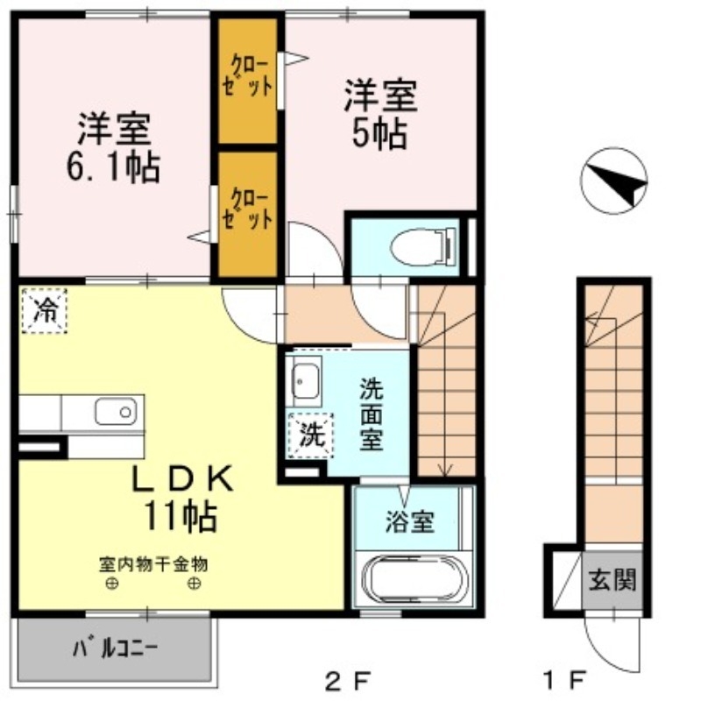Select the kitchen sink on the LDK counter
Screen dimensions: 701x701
[117, 411]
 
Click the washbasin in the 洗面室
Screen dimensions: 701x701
[306, 380]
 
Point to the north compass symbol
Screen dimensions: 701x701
[613, 181]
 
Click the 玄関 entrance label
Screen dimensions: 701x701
[612, 579]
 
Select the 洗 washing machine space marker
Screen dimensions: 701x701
[312, 432]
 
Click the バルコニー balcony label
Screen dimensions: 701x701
[115, 650]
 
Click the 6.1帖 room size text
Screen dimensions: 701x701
[113, 166]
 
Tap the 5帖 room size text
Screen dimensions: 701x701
[379, 134]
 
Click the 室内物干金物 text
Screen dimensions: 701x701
[154, 564]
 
